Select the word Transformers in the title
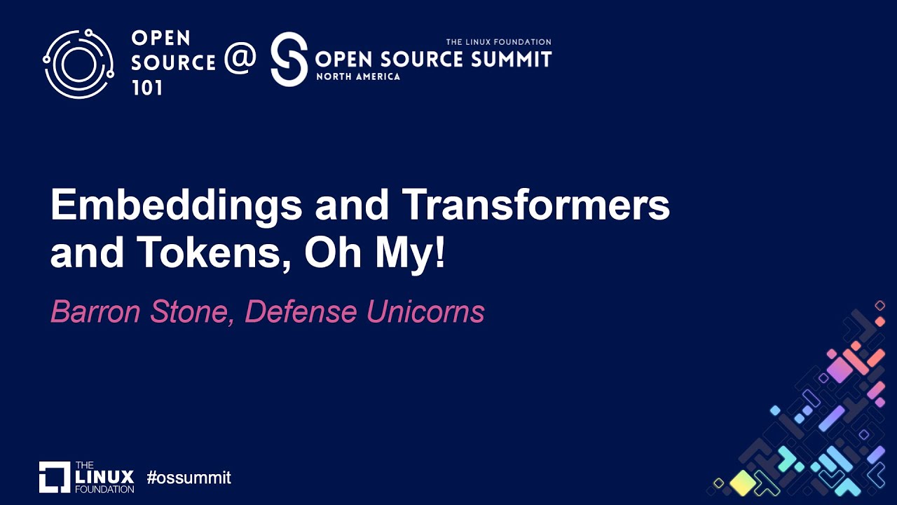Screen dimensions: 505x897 click(x=535, y=206)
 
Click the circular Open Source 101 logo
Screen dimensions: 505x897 click(x=78, y=64)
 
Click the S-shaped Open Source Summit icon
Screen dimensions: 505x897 click(x=289, y=59)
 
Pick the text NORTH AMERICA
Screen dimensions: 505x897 click(x=358, y=76)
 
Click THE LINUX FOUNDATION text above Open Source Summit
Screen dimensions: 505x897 click(x=498, y=42)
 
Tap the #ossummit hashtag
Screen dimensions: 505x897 click(x=189, y=478)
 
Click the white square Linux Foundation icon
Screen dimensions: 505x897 click(x=55, y=477)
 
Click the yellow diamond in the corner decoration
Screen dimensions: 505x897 click(x=742, y=483)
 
